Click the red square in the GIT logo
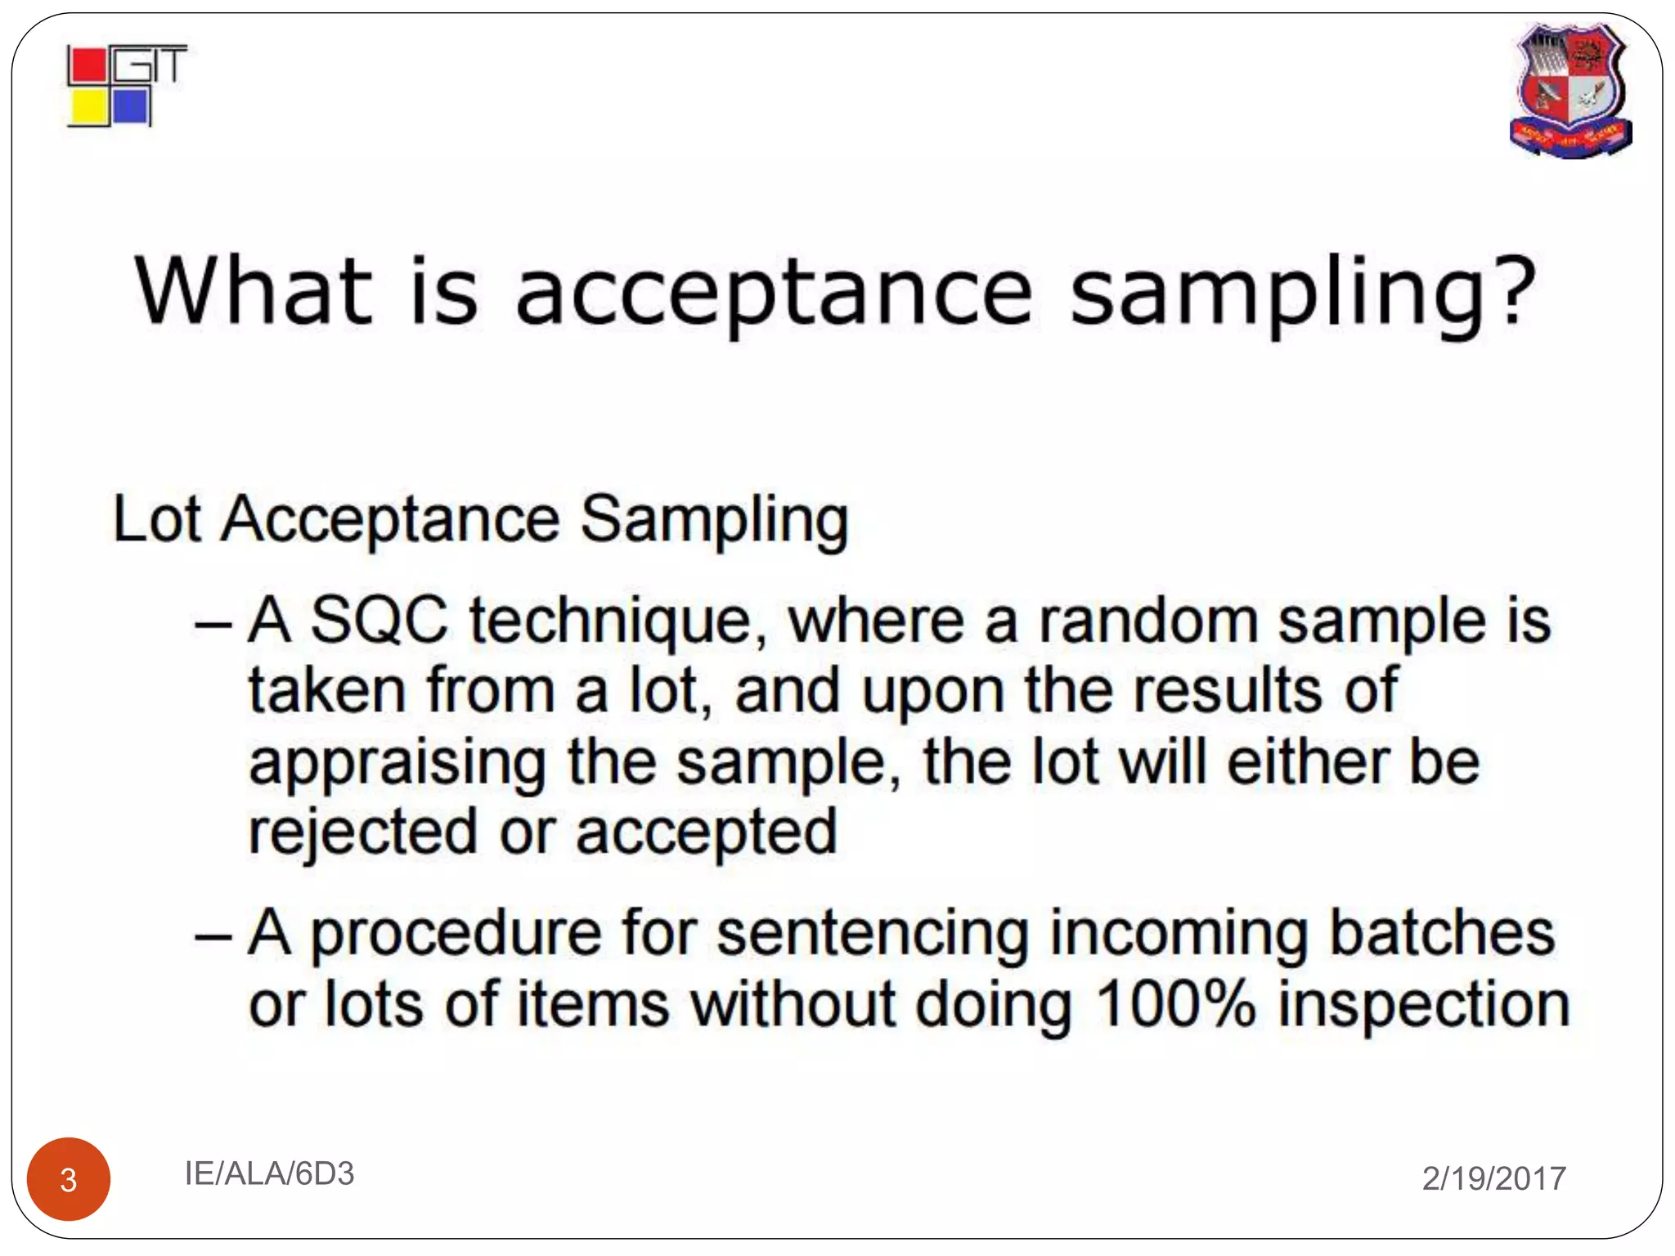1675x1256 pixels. pyautogui.click(x=88, y=66)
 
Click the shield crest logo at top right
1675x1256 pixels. pyautogui.click(x=1570, y=90)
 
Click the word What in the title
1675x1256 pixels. pyautogui.click(x=254, y=290)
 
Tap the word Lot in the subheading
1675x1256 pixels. pyautogui.click(x=156, y=518)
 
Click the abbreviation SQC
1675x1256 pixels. pyautogui.click(x=379, y=620)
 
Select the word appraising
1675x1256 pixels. pyautogui.click(x=397, y=765)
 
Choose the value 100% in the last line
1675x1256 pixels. pyautogui.click(x=1174, y=1003)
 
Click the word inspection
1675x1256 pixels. pyautogui.click(x=1423, y=1007)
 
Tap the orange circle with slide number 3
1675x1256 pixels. pyautogui.click(x=69, y=1179)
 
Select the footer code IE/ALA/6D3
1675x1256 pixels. pyautogui.click(x=269, y=1173)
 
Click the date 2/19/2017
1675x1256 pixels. pyautogui.click(x=1493, y=1178)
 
